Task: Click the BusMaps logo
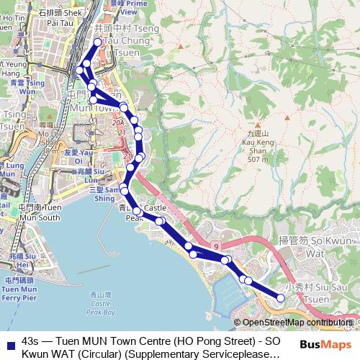tap(325, 344)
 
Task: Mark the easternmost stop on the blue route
tap(281, 298)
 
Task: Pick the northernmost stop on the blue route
tap(98, 42)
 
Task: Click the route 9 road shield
tap(216, 247)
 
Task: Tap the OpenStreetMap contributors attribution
tap(297, 323)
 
